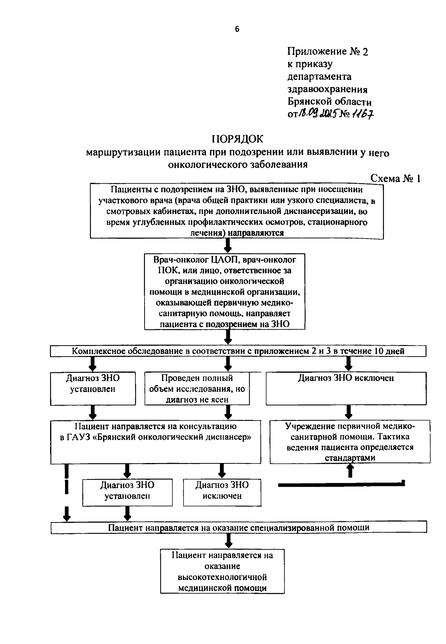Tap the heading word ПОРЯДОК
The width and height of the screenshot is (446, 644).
[x=237, y=139]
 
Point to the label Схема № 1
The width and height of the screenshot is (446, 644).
[x=395, y=179]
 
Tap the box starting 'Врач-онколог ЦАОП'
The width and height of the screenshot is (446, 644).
[x=225, y=291]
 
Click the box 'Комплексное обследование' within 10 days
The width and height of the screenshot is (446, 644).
[x=238, y=351]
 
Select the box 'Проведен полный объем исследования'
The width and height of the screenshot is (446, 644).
[x=197, y=388]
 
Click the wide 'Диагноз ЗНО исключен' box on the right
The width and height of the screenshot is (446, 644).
[x=346, y=388]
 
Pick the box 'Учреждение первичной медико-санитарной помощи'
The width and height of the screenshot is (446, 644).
[x=350, y=442]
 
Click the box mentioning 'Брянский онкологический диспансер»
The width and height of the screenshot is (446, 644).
[x=155, y=442]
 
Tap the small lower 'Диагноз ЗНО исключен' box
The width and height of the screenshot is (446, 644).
[x=222, y=492]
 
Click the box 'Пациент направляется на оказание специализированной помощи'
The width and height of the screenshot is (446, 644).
[x=239, y=528]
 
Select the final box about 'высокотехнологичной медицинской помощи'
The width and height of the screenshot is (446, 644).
[x=222, y=571]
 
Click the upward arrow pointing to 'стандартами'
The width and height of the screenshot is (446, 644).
[x=349, y=472]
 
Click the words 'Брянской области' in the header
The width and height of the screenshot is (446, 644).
[x=329, y=101]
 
